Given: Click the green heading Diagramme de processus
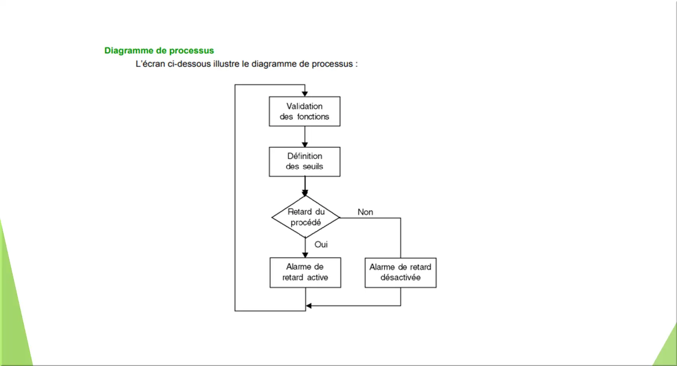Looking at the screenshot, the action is click(x=159, y=51).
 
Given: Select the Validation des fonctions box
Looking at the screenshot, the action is click(x=305, y=111).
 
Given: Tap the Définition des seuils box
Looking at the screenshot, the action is click(x=305, y=162).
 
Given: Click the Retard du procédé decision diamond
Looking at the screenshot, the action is click(x=305, y=217).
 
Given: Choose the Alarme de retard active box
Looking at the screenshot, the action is click(x=305, y=273).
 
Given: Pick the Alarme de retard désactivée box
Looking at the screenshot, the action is click(x=401, y=273).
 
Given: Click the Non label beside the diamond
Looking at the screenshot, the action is click(x=366, y=212).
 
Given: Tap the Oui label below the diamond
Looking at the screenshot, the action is click(x=321, y=244).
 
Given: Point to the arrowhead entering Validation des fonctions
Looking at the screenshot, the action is click(x=305, y=94).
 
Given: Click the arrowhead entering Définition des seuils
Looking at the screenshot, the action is click(x=305, y=145).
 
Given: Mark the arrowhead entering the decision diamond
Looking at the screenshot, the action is click(x=305, y=193).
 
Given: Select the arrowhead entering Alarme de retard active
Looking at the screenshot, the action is click(x=305, y=255).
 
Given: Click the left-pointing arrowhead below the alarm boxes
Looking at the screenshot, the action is click(x=309, y=306).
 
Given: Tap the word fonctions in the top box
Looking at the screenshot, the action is click(x=313, y=117).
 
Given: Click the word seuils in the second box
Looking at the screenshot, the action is click(x=313, y=166).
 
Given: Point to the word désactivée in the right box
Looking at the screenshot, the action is click(x=401, y=278).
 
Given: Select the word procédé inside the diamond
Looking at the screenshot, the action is click(x=305, y=222).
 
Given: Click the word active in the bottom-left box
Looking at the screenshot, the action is click(x=318, y=278).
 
